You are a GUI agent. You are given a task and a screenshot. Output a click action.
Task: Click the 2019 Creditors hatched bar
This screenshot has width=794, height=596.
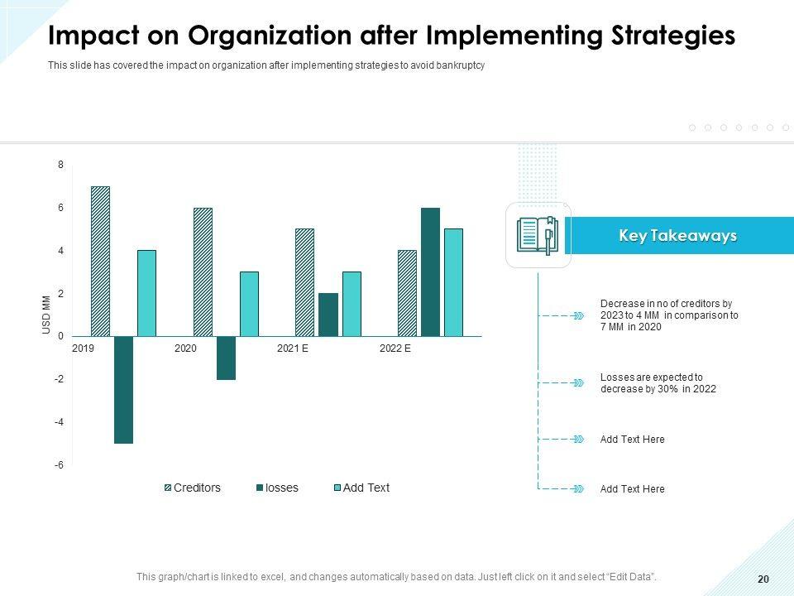(100, 261)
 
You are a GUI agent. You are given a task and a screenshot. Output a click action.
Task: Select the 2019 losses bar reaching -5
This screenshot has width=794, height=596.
(123, 390)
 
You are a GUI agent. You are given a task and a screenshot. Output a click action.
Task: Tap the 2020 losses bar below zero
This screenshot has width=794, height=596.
(226, 358)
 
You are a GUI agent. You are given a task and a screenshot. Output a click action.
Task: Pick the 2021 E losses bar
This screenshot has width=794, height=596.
(328, 315)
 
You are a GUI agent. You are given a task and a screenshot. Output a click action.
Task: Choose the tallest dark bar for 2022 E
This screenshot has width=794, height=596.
(430, 272)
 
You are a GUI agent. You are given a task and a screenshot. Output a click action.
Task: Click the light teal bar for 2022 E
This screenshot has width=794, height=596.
(453, 282)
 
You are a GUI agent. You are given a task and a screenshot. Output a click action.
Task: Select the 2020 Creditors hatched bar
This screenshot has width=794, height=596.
(203, 272)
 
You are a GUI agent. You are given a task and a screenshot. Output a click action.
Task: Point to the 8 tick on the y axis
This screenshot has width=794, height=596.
(60, 165)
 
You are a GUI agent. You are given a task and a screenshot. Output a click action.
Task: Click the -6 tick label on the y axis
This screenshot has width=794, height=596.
(60, 465)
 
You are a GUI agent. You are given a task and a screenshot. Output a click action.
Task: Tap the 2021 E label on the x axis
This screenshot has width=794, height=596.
(293, 348)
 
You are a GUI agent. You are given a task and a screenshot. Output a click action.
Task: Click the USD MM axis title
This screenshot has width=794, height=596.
(46, 316)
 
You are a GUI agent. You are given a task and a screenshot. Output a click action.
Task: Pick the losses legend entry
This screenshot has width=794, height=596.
(281, 488)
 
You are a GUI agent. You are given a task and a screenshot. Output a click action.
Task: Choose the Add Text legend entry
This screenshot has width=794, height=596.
(366, 488)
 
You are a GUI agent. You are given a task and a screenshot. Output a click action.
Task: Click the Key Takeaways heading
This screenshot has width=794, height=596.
(677, 236)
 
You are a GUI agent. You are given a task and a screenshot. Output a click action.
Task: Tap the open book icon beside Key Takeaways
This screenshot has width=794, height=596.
(538, 235)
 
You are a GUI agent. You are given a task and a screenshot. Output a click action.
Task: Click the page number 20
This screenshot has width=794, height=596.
(763, 579)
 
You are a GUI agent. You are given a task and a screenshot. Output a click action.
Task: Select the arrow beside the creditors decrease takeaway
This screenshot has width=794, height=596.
(578, 315)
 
